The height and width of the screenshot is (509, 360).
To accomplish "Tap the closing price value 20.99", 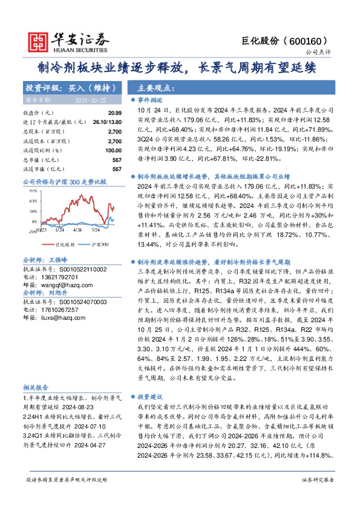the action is [98, 113].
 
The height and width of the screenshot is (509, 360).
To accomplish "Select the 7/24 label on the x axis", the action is [95, 230].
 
